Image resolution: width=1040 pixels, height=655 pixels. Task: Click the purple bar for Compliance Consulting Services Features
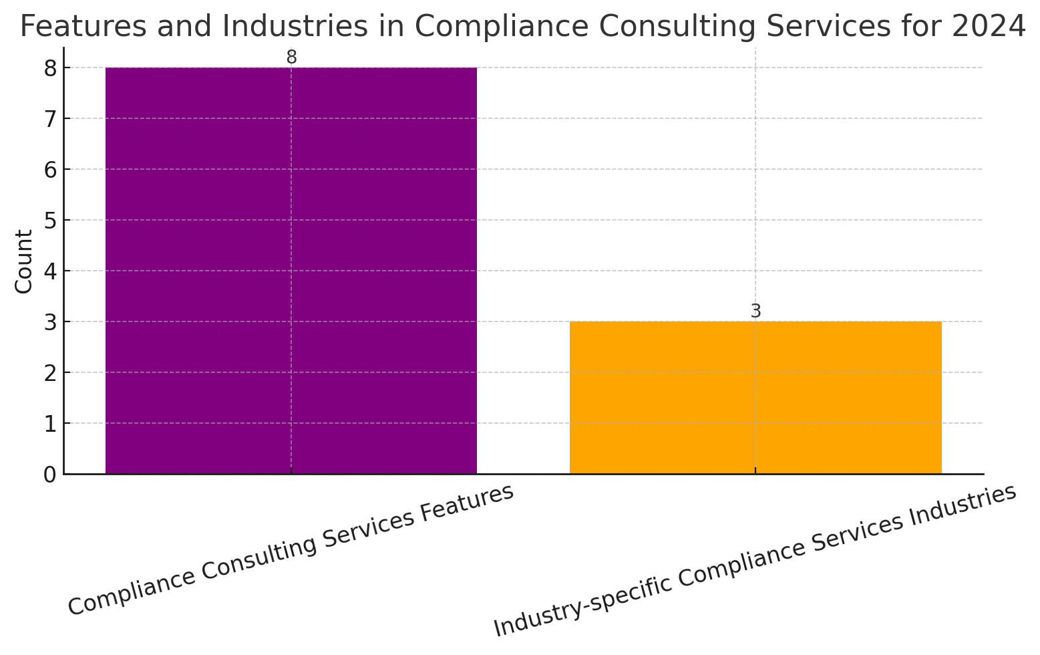291,271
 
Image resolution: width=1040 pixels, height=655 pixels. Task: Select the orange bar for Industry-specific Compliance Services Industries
755,398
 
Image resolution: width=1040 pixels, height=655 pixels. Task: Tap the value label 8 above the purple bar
292,57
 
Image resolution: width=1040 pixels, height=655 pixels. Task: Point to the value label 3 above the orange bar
756,311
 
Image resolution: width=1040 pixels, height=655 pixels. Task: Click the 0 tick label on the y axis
51,475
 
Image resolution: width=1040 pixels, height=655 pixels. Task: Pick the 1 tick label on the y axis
51,424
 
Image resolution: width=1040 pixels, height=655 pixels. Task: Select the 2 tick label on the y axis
51,373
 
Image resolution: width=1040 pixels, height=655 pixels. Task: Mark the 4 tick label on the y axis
51,271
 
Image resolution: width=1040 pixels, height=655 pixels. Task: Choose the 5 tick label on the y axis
51,221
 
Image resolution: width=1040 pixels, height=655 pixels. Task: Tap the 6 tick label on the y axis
51,170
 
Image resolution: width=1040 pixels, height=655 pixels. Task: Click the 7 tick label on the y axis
51,119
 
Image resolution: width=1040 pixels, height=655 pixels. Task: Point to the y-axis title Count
23,261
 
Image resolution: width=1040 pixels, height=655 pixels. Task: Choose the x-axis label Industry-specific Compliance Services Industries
755,561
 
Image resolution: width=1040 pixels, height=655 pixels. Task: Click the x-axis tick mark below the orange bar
755,471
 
